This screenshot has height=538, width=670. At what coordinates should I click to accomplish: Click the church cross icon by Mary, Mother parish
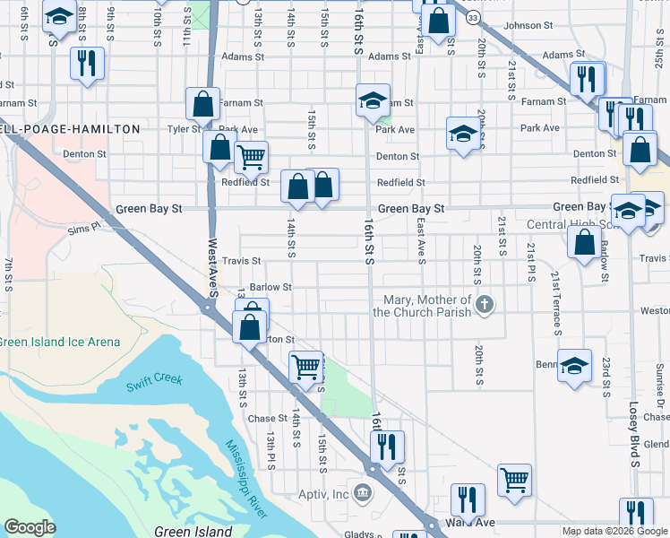485,305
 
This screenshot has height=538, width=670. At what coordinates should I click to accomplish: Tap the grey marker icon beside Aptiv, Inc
363,493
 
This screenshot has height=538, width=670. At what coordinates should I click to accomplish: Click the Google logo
30,527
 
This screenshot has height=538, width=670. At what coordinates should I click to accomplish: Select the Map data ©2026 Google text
614,531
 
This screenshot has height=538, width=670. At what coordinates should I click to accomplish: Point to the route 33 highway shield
473,17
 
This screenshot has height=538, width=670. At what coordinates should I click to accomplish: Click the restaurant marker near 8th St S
87,63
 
